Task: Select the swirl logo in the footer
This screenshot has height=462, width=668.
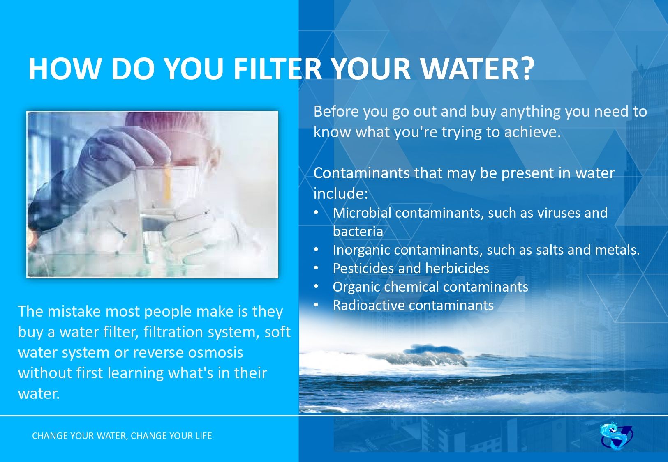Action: (616, 435)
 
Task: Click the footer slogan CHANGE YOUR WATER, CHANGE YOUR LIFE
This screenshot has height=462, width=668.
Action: (122, 436)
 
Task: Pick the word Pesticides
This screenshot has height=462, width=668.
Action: (363, 268)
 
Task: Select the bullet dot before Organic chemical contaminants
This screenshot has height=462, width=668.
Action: (316, 287)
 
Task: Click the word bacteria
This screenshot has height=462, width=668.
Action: (358, 232)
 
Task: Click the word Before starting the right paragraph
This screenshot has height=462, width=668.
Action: (335, 111)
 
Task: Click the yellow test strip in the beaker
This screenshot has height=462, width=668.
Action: (168, 181)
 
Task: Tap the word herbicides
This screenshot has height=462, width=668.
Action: (457, 268)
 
